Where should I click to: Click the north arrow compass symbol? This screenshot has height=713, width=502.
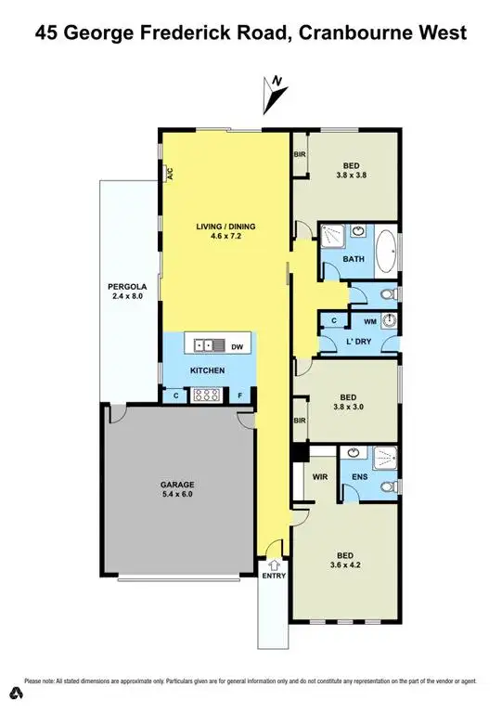(x=276, y=92)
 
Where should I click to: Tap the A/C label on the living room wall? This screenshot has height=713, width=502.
(x=169, y=173)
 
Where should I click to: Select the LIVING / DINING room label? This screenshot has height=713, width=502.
(x=225, y=230)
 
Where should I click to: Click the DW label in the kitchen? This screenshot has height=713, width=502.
(x=237, y=345)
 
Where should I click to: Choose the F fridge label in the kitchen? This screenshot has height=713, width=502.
(x=240, y=395)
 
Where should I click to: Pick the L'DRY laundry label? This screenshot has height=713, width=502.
(x=334, y=341)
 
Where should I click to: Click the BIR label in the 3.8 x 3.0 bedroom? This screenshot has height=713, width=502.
(x=300, y=421)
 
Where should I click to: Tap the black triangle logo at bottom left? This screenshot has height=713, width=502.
(x=16, y=693)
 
